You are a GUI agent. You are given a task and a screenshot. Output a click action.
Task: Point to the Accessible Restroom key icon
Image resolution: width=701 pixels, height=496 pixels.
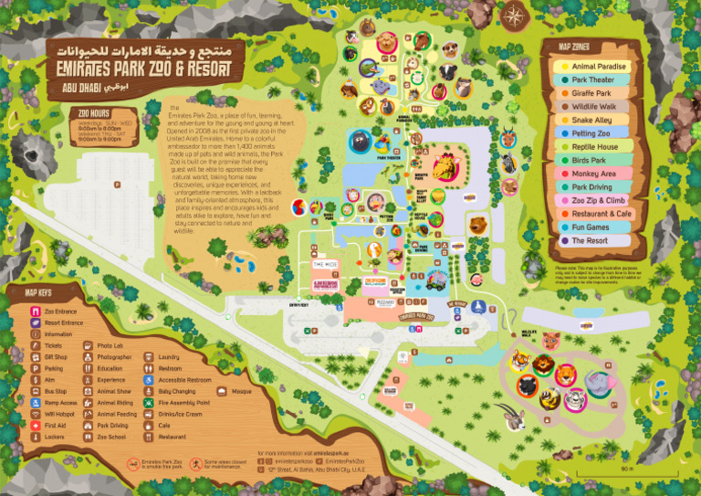(150, 380)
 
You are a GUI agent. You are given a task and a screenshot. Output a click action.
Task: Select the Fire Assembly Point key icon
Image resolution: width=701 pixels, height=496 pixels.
(150, 403)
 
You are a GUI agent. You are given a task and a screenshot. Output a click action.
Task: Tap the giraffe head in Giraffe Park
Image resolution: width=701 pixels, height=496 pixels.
(445, 166)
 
